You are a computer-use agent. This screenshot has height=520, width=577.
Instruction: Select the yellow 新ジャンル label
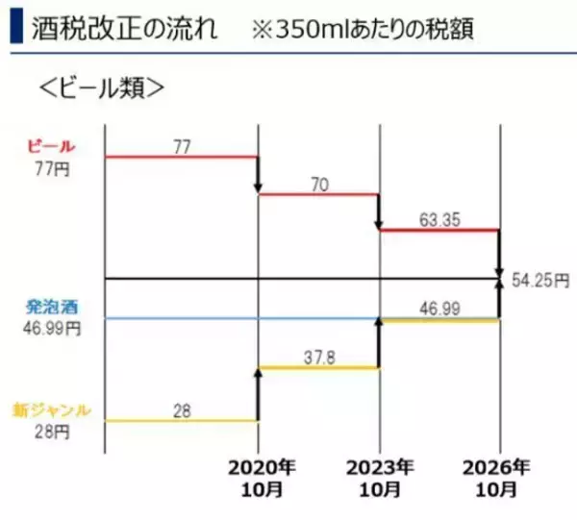52,410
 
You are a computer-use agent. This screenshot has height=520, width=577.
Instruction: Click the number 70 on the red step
321,182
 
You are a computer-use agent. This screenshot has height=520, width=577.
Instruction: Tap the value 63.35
439,218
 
